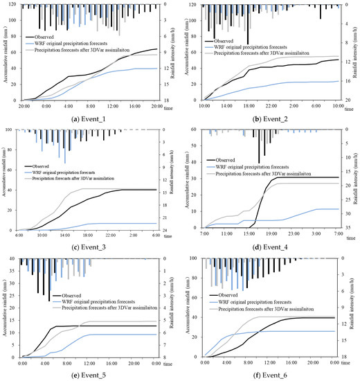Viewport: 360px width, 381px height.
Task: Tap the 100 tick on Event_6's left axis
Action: (195, 258)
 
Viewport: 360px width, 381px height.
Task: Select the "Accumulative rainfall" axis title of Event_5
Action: (6, 307)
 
